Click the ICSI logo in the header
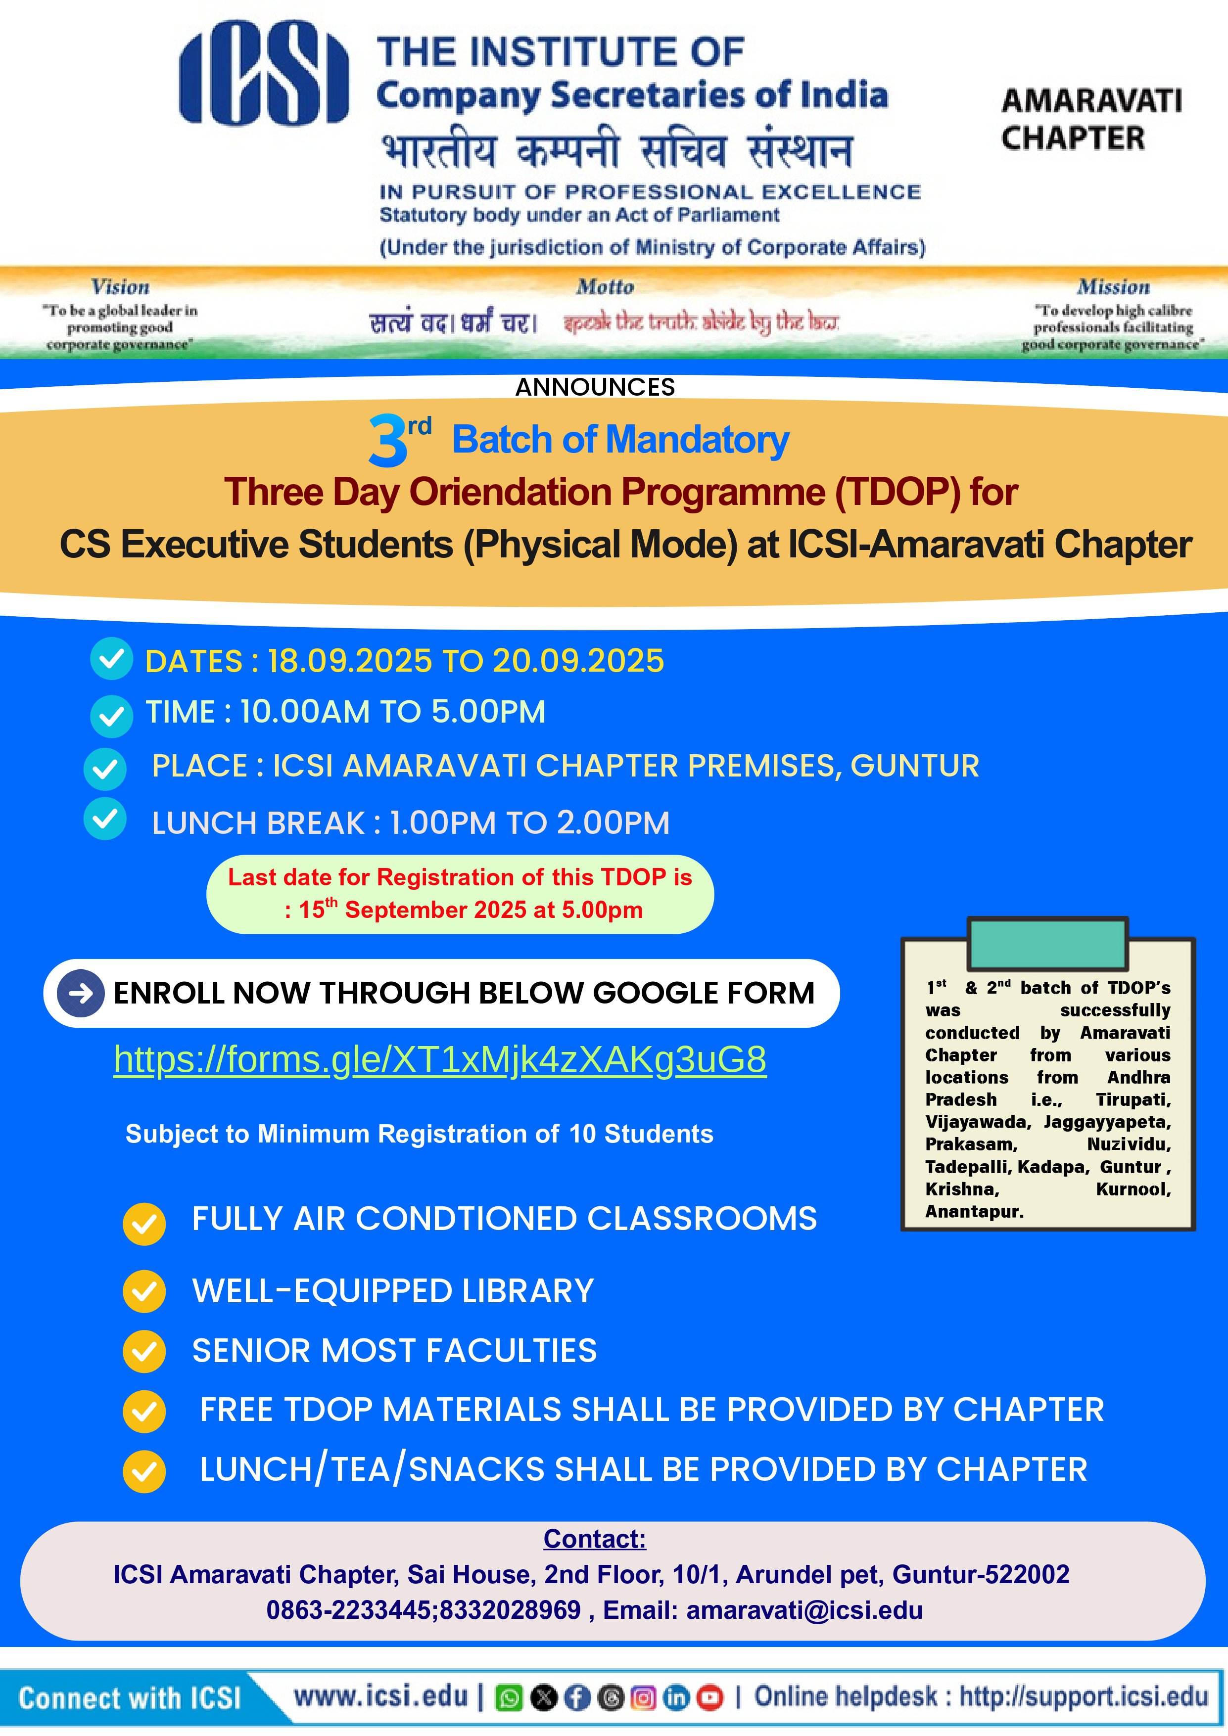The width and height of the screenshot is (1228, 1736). [x=263, y=73]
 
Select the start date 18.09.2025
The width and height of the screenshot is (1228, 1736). [x=349, y=662]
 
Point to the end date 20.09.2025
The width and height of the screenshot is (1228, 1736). [x=578, y=662]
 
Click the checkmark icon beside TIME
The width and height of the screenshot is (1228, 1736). [x=111, y=715]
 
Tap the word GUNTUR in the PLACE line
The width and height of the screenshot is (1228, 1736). [x=914, y=766]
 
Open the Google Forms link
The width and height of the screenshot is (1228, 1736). [x=439, y=1059]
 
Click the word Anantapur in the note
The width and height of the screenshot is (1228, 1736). [x=974, y=1211]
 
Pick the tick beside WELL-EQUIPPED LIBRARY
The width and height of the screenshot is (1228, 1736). [x=143, y=1291]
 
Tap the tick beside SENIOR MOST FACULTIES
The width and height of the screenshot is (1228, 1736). [x=143, y=1351]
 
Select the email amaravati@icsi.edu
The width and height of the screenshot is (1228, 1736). [x=804, y=1610]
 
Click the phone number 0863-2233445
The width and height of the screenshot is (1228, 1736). [x=349, y=1610]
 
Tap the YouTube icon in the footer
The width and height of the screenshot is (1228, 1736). [x=709, y=1698]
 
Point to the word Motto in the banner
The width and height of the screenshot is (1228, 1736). [x=605, y=287]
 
